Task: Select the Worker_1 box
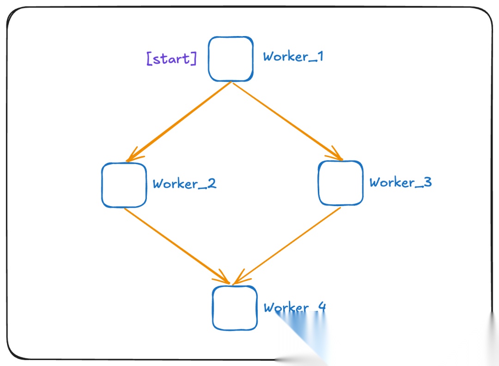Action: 231,59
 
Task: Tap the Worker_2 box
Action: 124,185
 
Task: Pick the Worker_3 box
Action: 341,183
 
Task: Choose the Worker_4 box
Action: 235,308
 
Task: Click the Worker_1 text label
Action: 293,57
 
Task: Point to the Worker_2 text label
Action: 184,184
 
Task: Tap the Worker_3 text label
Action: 401,183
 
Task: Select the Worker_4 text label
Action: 295,308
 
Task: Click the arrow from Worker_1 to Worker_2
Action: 179,122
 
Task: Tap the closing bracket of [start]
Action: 194,59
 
